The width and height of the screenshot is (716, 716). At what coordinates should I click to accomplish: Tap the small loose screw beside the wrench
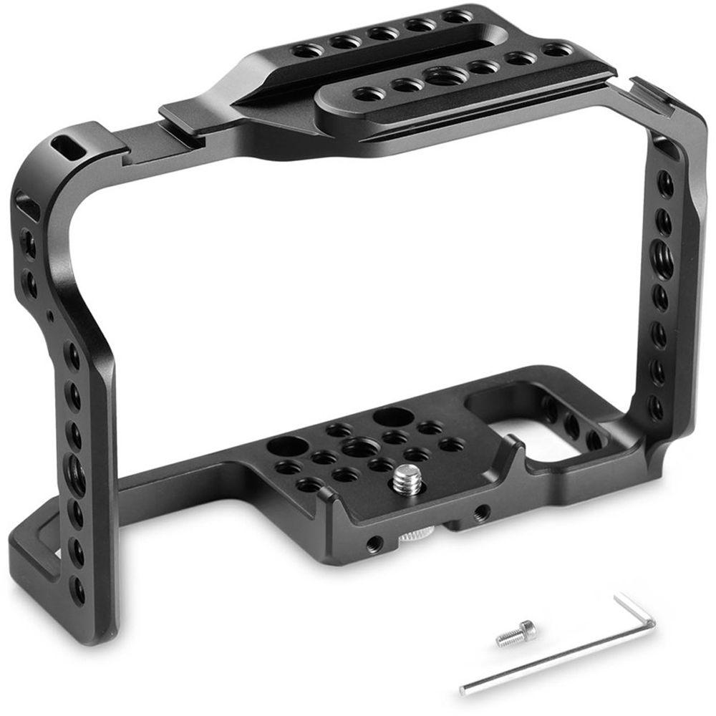pyautogui.click(x=514, y=633)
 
